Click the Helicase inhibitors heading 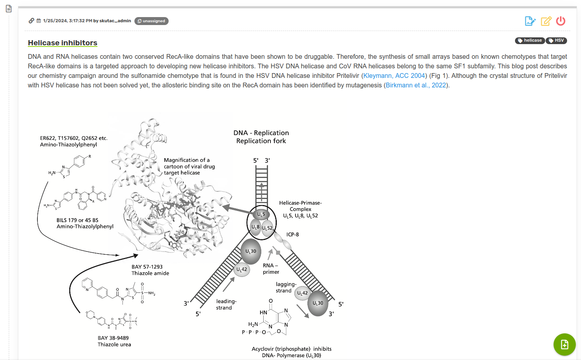[x=62, y=43]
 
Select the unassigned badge [x=152, y=21]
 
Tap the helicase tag [x=530, y=41]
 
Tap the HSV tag [x=556, y=41]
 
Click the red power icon [x=561, y=21]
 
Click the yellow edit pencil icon [x=546, y=21]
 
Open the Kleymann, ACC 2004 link [x=394, y=75]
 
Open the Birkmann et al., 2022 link [x=416, y=85]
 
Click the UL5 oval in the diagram [x=261, y=215]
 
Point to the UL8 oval [x=255, y=227]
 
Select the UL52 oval [x=267, y=228]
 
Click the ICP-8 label [x=293, y=234]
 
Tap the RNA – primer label [x=271, y=269]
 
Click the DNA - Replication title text [x=261, y=133]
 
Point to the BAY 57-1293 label [x=147, y=267]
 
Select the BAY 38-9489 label [x=113, y=338]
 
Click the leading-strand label [x=226, y=304]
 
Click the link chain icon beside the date [x=31, y=21]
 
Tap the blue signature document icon [x=530, y=21]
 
